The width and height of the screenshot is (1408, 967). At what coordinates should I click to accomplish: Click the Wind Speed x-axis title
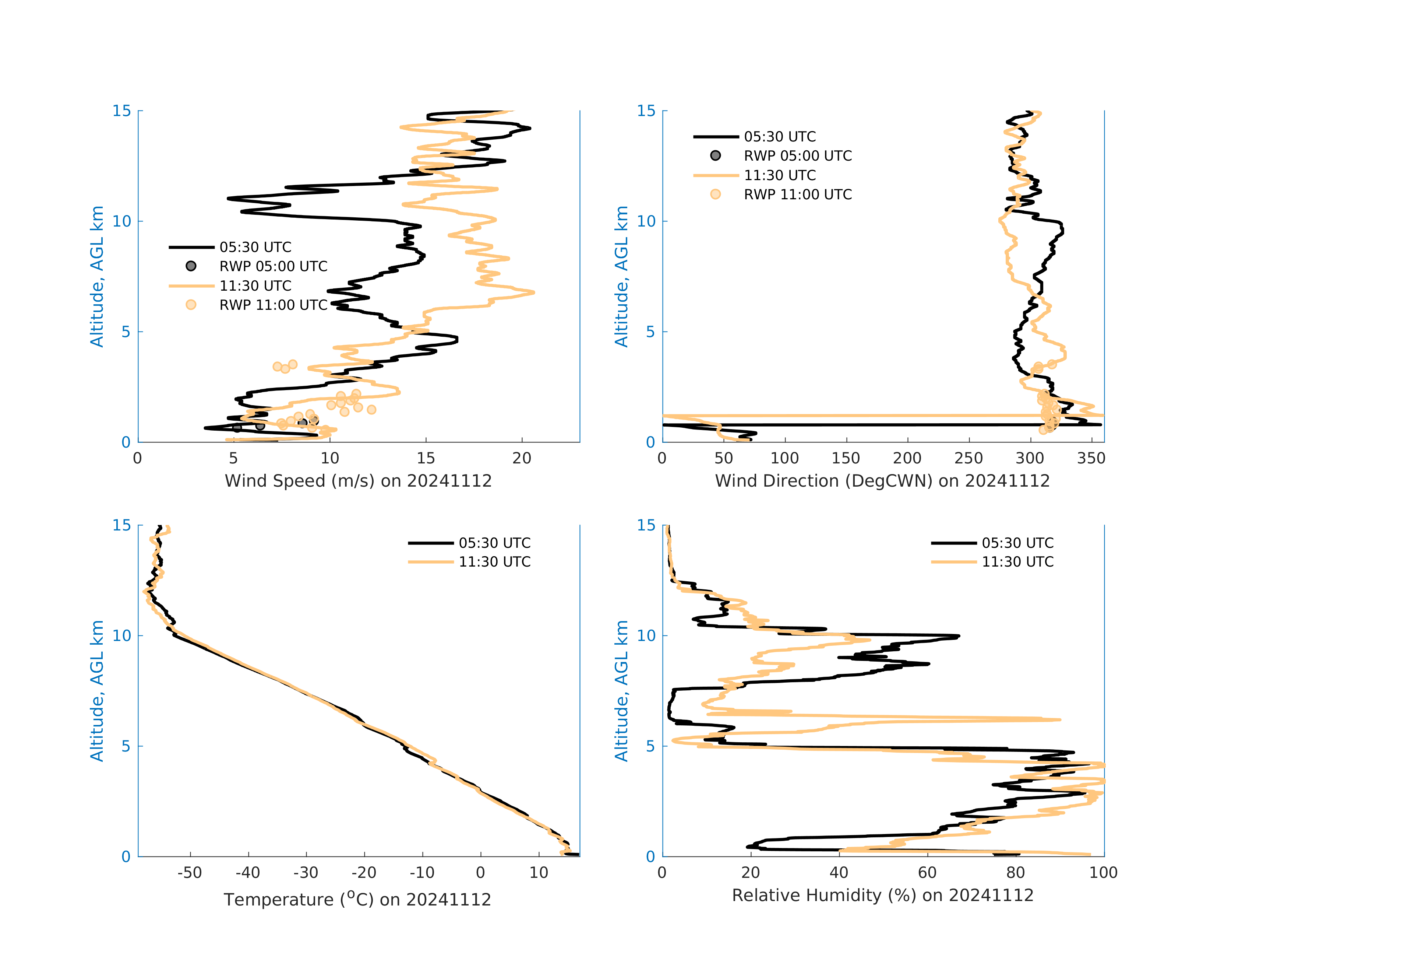point(358,481)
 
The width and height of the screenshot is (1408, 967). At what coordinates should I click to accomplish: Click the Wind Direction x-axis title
point(882,481)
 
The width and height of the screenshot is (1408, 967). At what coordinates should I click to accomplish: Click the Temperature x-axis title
point(357,899)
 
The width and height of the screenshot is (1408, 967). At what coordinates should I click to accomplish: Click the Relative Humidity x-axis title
point(882,896)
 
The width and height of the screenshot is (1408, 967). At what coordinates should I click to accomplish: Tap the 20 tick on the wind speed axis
point(522,458)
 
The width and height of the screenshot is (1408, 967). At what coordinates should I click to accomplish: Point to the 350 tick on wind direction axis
point(1091,458)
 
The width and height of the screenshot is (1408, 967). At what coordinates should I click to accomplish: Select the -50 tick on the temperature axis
point(190,873)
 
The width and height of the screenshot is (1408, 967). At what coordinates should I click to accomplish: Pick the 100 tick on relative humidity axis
point(1103,873)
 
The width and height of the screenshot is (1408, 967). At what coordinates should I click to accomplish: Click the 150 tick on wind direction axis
point(846,458)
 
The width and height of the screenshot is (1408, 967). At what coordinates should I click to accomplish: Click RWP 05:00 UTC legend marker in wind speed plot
point(191,266)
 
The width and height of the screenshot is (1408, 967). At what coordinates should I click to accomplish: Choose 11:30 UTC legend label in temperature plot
point(494,562)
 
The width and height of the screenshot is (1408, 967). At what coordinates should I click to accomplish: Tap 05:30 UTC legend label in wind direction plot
point(780,136)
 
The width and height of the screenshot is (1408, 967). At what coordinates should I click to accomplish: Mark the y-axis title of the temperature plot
point(97,691)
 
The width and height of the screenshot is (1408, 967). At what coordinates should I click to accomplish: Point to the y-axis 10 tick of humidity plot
point(646,635)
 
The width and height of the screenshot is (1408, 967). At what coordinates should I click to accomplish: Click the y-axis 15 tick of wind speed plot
point(122,111)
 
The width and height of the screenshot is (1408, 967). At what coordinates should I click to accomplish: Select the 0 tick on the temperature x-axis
point(480,873)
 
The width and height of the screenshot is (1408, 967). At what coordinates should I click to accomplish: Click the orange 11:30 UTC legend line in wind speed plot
point(191,285)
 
